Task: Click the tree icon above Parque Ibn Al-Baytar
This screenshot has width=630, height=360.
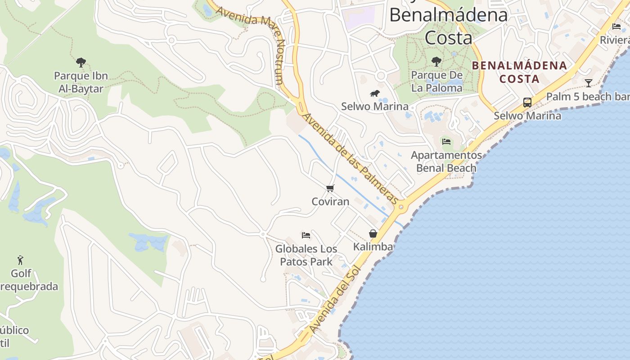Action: coord(81,62)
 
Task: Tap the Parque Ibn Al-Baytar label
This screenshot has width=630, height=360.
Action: coord(81,82)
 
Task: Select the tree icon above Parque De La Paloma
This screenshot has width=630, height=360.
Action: coord(436,62)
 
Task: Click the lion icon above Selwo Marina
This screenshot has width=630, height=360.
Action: coord(374,94)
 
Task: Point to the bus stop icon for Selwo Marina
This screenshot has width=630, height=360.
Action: coord(527,103)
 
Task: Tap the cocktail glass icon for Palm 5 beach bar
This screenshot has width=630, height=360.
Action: coord(588,83)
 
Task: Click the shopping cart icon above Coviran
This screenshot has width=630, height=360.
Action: coord(330,188)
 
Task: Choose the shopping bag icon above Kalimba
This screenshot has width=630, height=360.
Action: coord(373,234)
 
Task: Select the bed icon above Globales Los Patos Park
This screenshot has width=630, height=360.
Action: coord(306,235)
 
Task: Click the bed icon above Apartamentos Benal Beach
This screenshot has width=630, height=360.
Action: coord(446,141)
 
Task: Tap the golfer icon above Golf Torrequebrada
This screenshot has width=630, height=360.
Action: coord(20,260)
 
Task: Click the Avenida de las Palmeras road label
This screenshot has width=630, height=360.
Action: coord(350,158)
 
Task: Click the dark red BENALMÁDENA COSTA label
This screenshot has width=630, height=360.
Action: coord(519,72)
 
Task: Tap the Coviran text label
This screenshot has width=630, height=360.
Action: coord(330,201)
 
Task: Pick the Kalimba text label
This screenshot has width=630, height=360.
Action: coord(373,247)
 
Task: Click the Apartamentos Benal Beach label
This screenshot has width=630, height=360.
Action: coord(446,162)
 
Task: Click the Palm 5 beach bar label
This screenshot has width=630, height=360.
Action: coord(587,96)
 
